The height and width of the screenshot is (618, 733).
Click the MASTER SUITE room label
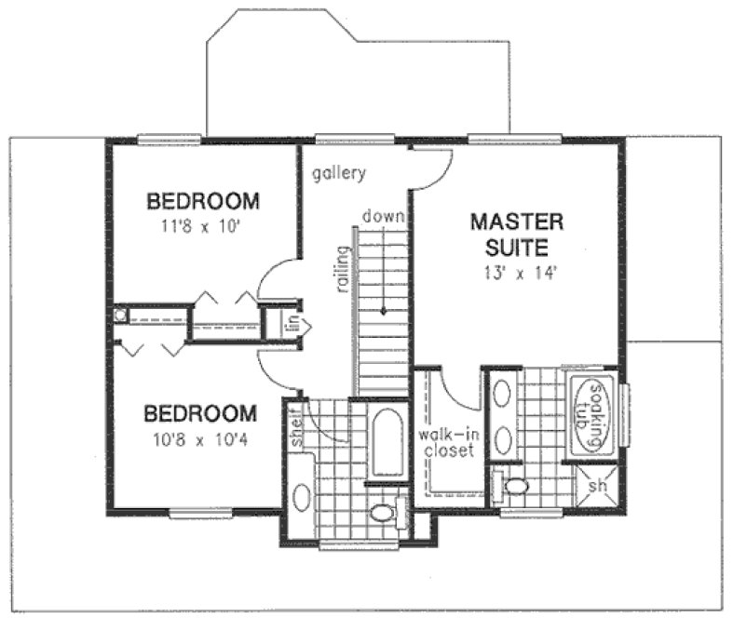click(x=516, y=235)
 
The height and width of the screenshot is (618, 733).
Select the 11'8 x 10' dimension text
click(x=201, y=224)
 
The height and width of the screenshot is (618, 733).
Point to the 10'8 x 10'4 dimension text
click(x=201, y=436)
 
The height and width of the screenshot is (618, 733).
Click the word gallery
click(x=338, y=173)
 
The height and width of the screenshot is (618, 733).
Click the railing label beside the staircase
click(x=343, y=270)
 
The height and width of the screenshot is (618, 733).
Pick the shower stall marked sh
click(x=597, y=484)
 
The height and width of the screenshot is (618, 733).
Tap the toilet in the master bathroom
click(x=512, y=485)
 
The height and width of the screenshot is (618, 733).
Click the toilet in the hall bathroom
click(x=381, y=512)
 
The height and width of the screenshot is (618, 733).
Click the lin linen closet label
click(x=292, y=325)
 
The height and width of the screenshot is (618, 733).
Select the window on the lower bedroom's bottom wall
click(x=199, y=512)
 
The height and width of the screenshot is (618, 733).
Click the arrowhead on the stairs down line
click(x=382, y=313)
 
